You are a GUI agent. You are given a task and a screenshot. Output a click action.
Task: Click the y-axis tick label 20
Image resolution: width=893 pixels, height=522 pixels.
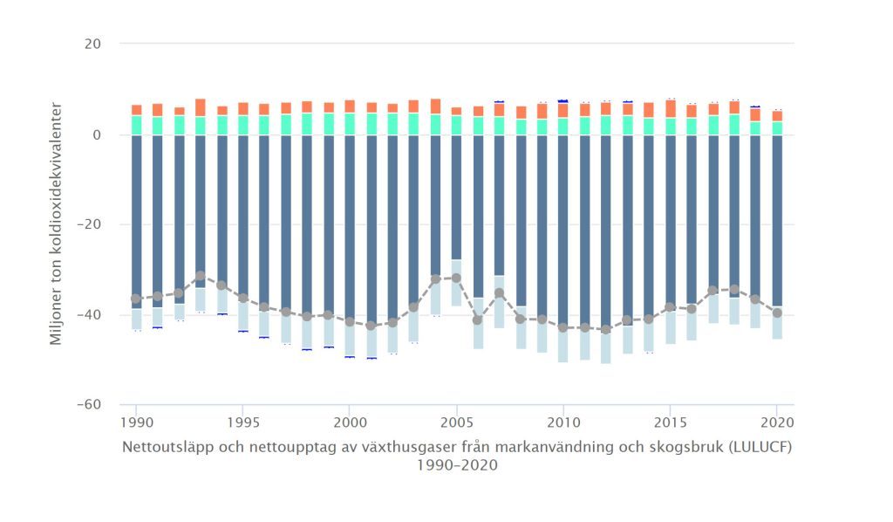(x=91, y=44)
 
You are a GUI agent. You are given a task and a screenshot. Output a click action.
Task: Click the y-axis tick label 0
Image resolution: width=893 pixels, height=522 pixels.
(x=97, y=135)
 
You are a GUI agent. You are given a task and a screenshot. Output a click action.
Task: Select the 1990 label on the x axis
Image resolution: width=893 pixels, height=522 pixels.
(x=136, y=422)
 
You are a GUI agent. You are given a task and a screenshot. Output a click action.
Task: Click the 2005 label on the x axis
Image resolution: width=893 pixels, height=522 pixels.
(x=456, y=422)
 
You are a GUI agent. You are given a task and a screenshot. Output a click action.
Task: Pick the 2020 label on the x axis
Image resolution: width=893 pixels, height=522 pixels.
(x=777, y=422)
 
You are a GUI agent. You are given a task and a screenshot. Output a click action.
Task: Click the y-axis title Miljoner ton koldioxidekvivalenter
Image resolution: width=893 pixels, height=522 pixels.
(x=56, y=223)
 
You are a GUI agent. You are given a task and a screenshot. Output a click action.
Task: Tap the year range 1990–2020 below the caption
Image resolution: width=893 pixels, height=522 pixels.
(x=456, y=465)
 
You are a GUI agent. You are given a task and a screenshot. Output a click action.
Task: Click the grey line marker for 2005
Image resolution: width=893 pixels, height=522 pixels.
(x=456, y=278)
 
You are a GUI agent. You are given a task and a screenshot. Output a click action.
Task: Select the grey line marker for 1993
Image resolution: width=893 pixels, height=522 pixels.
(x=201, y=276)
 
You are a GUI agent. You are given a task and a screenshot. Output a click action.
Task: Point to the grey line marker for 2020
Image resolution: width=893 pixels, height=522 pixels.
(x=777, y=313)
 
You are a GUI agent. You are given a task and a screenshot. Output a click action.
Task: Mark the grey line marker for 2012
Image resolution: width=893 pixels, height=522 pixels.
(x=606, y=330)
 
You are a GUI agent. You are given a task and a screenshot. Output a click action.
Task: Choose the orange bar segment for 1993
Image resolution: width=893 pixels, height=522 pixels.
(x=201, y=107)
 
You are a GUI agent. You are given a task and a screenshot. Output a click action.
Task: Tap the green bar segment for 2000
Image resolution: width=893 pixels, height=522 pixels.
(x=350, y=124)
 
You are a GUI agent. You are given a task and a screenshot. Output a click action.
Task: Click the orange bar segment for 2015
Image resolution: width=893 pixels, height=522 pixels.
(x=671, y=108)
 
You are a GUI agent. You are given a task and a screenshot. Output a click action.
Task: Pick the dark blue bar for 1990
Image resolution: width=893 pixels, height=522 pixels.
(x=136, y=218)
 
